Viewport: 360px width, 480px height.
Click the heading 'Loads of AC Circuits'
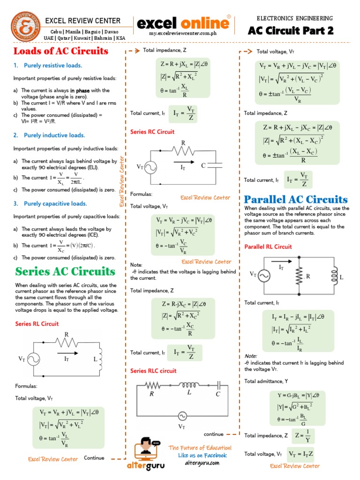pyautogui.click(x=61, y=51)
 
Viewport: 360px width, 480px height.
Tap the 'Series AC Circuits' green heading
pyautogui.click(x=65, y=271)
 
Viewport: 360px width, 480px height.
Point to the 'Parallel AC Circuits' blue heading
pyautogui.click(x=296, y=199)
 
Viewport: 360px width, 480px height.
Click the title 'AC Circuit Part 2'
pyautogui.click(x=291, y=31)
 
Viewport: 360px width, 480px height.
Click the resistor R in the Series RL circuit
pyautogui.click(x=67, y=344)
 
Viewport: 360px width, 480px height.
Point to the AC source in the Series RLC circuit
pyautogui.click(x=181, y=415)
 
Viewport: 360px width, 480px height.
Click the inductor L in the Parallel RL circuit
pyautogui.click(x=335, y=276)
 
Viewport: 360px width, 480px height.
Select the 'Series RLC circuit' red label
pyautogui.click(x=153, y=371)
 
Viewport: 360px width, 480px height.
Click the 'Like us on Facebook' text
pyautogui.click(x=202, y=455)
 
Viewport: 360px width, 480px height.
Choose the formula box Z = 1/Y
pyautogui.click(x=302, y=436)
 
